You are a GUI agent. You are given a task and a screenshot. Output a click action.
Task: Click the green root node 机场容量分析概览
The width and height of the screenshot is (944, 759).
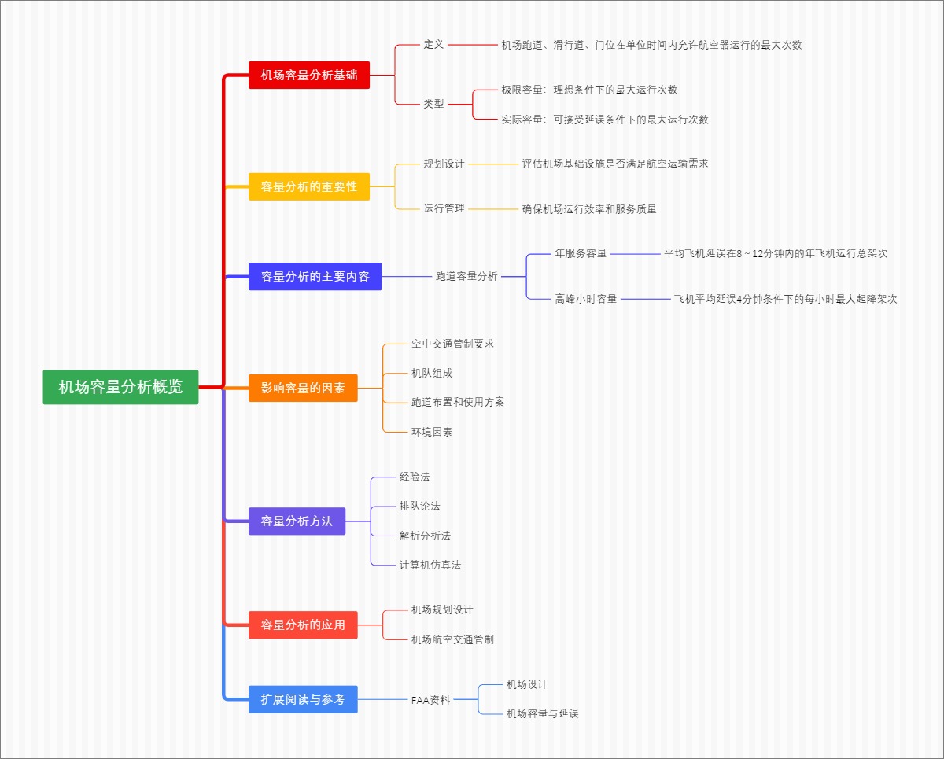pos(120,387)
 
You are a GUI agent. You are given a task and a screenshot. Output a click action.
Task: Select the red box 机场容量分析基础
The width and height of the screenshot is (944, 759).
pos(309,75)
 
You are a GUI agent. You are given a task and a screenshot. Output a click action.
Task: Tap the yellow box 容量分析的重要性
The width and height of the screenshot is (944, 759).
pos(309,186)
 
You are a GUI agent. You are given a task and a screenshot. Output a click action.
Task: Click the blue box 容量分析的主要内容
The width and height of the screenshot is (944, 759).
pos(315,276)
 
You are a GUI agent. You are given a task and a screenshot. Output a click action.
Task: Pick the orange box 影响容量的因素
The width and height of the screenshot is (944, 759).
pos(303,388)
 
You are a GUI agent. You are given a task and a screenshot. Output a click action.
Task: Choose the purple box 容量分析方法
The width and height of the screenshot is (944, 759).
pos(297,521)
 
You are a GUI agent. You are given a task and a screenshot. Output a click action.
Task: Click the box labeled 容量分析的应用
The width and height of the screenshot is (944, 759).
pos(303,625)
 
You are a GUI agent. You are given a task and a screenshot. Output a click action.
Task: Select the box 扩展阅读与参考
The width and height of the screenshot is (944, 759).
pos(303,699)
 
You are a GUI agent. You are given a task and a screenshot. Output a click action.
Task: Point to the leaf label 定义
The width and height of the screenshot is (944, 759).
pos(433,45)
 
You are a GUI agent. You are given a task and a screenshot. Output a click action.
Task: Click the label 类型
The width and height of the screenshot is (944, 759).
pos(433,104)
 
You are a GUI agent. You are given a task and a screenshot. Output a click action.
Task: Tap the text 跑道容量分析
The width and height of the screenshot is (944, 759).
pos(466,276)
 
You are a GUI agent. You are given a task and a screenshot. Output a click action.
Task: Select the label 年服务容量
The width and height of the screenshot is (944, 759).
pos(581,253)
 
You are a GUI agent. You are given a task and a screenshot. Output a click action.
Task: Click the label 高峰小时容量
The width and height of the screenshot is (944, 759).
pos(586,299)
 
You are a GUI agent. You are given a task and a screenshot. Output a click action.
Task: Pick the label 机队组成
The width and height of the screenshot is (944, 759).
pos(432,373)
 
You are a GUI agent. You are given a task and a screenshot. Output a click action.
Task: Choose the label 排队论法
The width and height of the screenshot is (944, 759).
pos(419,506)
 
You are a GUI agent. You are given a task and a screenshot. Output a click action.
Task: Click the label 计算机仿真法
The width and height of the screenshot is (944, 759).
pos(430,565)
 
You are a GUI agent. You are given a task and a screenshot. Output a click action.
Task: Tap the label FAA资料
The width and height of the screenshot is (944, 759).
pos(430,699)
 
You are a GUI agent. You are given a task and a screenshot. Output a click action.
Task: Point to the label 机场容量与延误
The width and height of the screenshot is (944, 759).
pos(542,713)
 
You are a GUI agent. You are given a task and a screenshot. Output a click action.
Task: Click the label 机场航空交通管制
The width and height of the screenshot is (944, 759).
pos(452,639)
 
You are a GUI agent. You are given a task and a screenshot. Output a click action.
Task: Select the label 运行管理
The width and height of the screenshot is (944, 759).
pos(444,208)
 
